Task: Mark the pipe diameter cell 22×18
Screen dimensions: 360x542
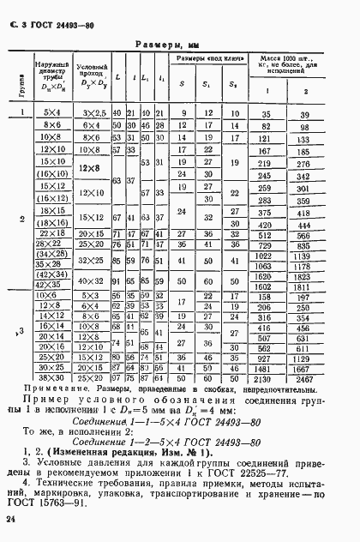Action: pyautogui.click(x=51, y=233)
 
